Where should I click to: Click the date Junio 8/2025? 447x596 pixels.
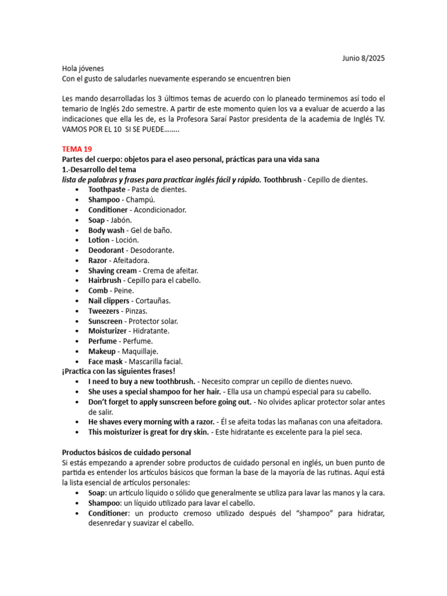[x=363, y=58]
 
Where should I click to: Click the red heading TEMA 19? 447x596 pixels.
[x=77, y=149]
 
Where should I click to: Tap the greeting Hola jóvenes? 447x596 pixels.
[x=83, y=68]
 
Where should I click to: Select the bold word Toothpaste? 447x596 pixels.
[x=108, y=190]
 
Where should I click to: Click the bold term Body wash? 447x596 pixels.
[x=106, y=230]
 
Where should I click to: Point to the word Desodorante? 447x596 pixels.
[x=153, y=250]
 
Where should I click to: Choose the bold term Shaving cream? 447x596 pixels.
[x=112, y=271]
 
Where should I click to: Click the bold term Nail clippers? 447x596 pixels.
[x=109, y=301]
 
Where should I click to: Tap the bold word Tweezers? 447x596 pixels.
[x=104, y=311]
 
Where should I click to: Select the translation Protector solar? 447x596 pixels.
[x=153, y=321]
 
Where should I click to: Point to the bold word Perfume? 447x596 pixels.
[x=102, y=341]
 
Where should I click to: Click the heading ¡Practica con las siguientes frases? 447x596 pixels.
[x=118, y=371]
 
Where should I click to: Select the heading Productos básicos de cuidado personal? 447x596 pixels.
[x=126, y=452]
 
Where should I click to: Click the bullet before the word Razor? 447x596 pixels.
[x=78, y=261]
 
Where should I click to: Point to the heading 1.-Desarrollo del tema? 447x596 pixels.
[x=99, y=169]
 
